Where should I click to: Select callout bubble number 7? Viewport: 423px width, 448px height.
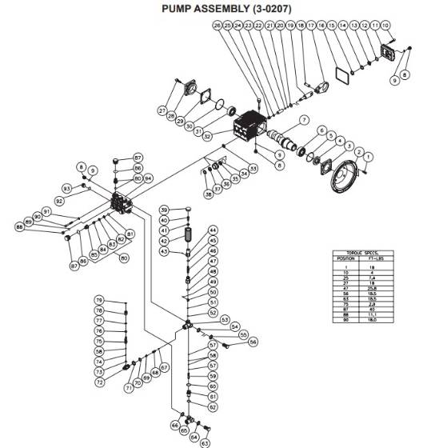click(303, 120)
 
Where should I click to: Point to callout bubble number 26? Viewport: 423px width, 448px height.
click(217, 26)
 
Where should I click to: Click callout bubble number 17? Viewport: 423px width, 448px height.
click(312, 26)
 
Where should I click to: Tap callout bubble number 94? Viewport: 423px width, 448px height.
click(148, 178)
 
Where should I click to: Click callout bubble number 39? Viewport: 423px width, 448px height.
click(163, 210)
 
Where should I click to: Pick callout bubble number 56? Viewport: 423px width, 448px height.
click(253, 342)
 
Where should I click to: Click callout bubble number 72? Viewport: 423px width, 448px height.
click(99, 382)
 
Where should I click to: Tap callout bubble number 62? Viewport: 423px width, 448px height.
click(213, 406)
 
